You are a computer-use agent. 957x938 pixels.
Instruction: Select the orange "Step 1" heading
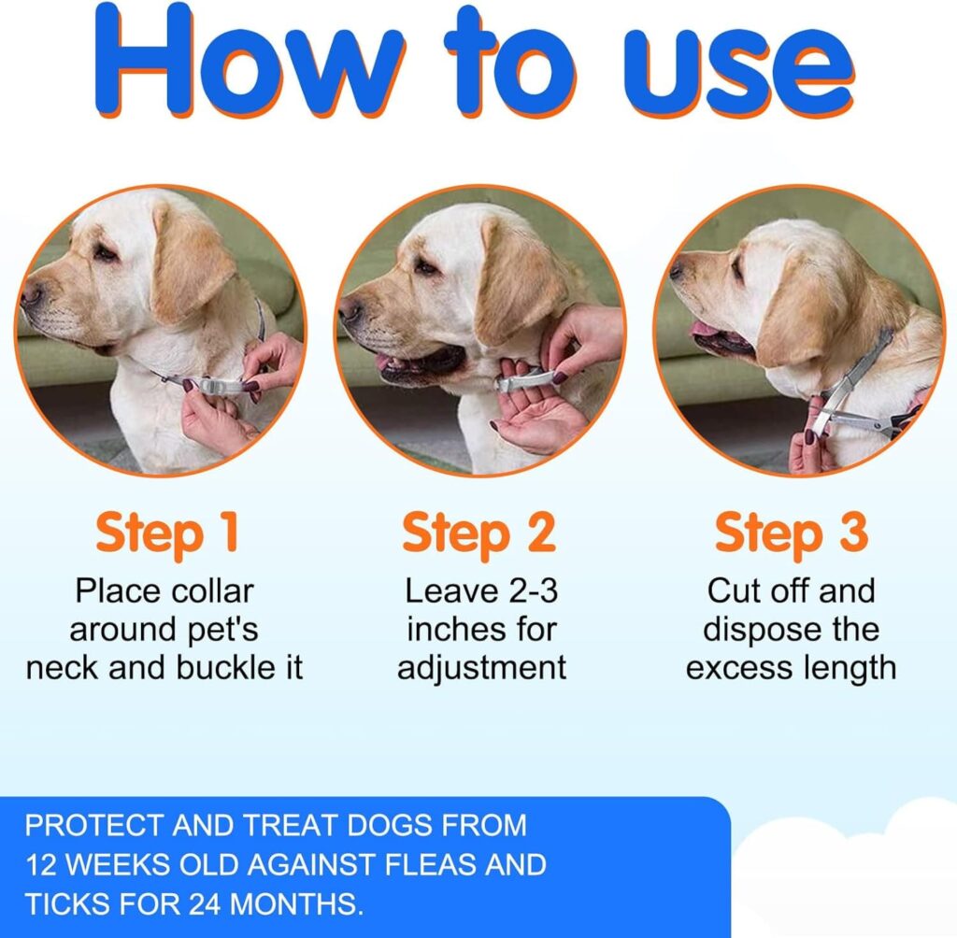pyautogui.click(x=166, y=533)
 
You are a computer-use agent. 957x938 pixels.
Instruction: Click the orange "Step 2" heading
pyautogui.click(x=478, y=533)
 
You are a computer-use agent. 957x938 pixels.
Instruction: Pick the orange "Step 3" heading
pyautogui.click(x=791, y=533)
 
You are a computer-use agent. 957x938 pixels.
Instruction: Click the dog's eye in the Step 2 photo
pyautogui.click(x=425, y=268)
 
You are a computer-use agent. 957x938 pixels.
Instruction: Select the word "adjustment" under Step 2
pyautogui.click(x=481, y=668)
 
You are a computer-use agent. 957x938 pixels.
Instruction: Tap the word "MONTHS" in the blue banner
pyautogui.click(x=308, y=903)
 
